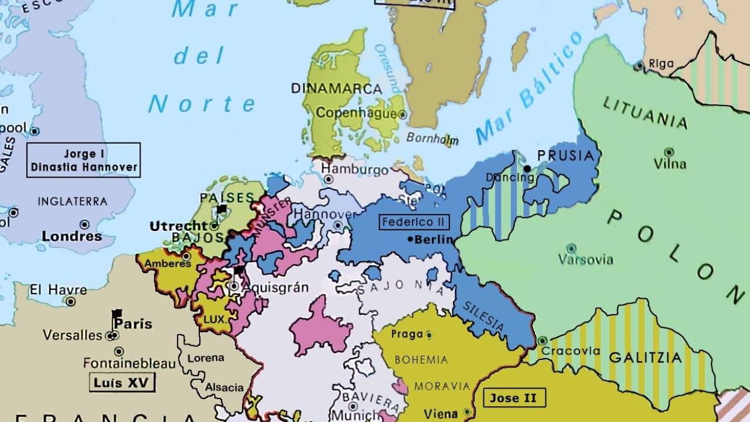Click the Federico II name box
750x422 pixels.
pos(414,222)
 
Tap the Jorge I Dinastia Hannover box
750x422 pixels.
pos(84,160)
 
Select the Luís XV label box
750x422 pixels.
pos(122,383)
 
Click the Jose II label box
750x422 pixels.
pos(514,398)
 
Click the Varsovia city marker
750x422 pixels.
pos(571,249)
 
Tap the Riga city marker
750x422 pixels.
pos(639,66)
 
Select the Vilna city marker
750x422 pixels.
pos(669,151)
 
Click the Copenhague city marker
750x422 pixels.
pos(403,115)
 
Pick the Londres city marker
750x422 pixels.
pos(85,224)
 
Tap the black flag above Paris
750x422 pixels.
pos(117,314)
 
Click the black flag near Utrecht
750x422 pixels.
pos(221,209)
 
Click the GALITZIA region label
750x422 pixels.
pos(645,358)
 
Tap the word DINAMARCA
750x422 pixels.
pos(336,89)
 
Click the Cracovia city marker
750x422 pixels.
pos(543,341)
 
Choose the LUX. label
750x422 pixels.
pos(214,319)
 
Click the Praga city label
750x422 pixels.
pos(407,334)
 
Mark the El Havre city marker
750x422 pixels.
pos(71,301)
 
